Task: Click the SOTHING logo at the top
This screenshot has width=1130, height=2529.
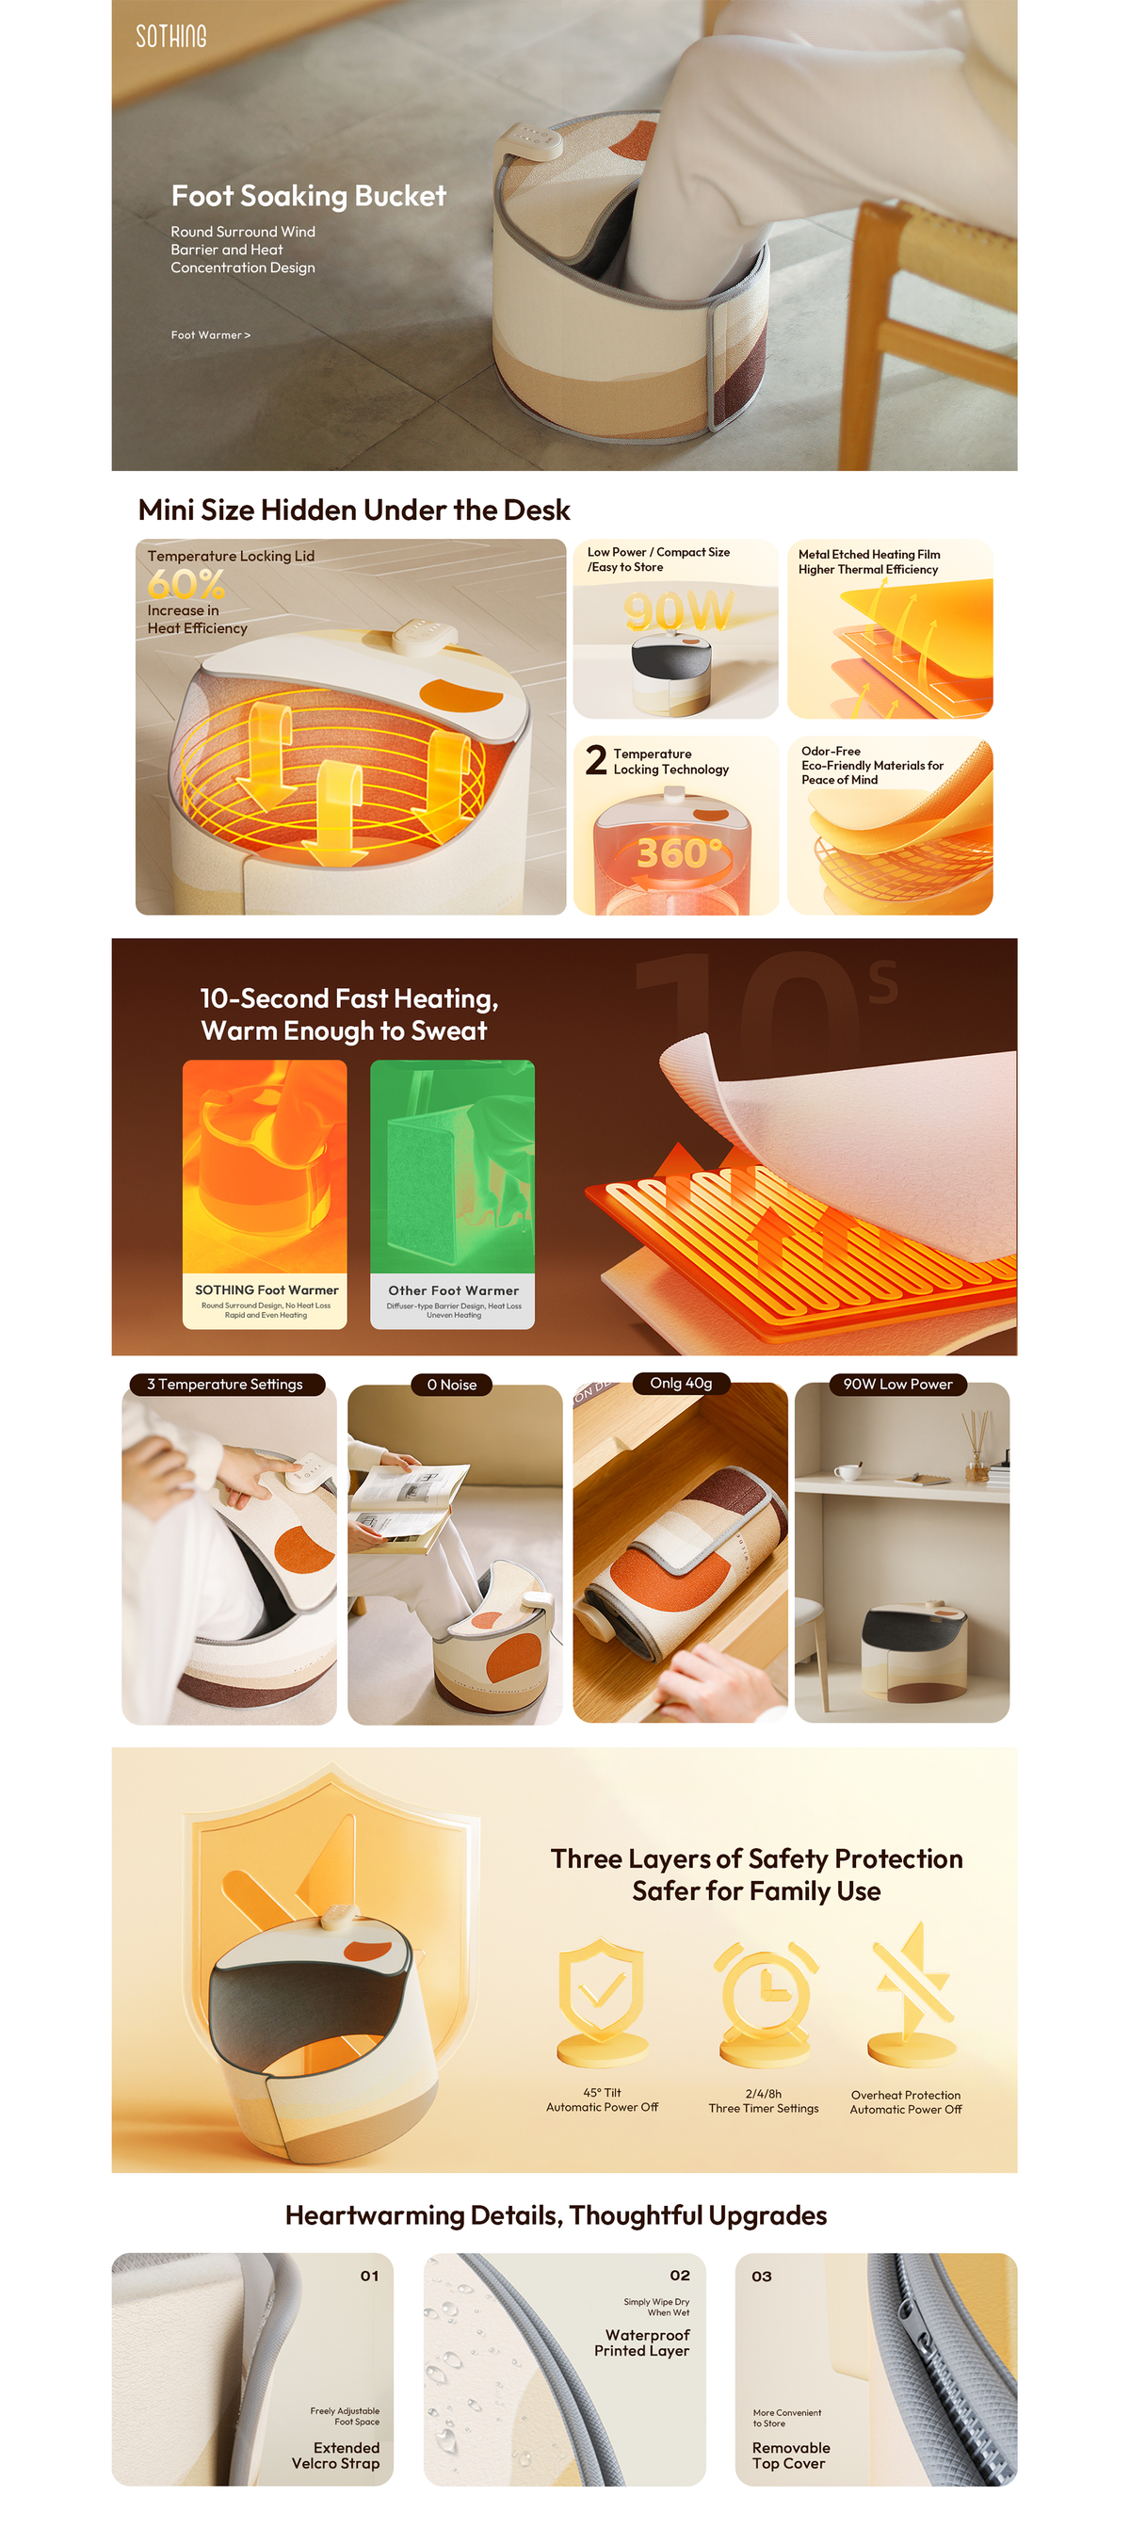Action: [170, 37]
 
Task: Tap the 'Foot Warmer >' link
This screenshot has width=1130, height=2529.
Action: [210, 334]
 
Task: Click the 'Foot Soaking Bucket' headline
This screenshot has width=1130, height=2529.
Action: [308, 195]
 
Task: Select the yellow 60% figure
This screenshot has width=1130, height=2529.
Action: [186, 584]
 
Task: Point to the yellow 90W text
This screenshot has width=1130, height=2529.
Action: [677, 610]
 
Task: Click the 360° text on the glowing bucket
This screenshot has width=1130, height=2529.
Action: [678, 852]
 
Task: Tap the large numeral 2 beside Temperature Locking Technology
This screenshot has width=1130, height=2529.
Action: [596, 760]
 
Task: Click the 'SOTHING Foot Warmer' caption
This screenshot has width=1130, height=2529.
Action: [266, 1290]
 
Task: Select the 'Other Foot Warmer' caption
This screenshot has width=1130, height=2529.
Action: [454, 1290]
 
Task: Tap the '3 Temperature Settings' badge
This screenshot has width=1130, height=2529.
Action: [225, 1385]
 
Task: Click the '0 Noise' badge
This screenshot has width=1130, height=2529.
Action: [452, 1385]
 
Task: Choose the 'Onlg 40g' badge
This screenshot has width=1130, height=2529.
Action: [682, 1383]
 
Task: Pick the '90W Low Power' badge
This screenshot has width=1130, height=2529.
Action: [898, 1385]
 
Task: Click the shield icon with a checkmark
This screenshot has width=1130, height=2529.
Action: [602, 2002]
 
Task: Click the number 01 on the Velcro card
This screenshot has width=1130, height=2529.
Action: [369, 2276]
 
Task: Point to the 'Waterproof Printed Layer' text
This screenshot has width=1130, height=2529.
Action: [642, 2343]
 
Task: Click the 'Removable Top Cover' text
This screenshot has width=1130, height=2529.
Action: [790, 2456]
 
